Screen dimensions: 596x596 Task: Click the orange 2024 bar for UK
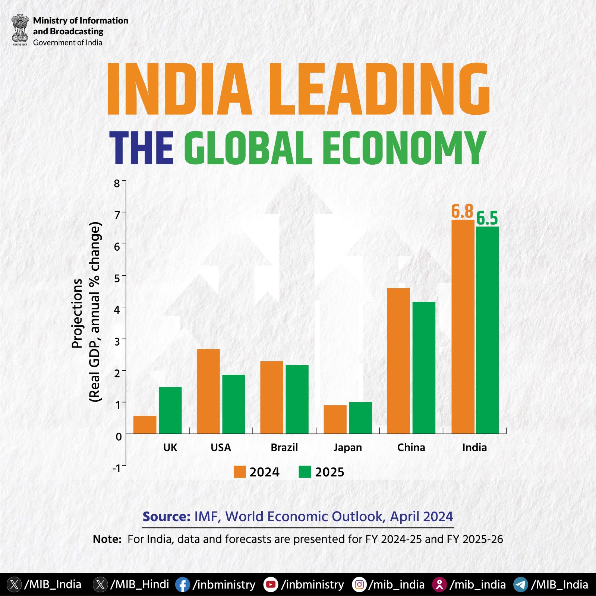[x=145, y=425]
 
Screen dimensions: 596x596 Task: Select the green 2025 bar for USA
[x=233, y=404]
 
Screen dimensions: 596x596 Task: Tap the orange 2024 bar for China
[x=398, y=361]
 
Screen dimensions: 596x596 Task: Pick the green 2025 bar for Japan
[x=360, y=418]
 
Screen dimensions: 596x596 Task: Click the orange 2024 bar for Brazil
[x=271, y=397]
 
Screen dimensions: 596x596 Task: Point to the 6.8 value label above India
[x=462, y=212]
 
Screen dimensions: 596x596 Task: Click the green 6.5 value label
[x=487, y=218]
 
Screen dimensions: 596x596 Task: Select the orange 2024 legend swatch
[x=240, y=472]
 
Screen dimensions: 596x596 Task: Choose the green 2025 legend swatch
[x=305, y=472]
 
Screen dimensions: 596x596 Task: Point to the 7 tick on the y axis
[x=118, y=215]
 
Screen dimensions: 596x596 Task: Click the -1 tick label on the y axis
[x=117, y=468]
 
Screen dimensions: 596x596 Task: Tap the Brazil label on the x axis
[x=284, y=447]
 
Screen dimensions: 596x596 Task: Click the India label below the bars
[x=474, y=447]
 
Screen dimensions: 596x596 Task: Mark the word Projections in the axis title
[x=77, y=313]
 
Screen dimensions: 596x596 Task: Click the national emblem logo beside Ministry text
[x=20, y=30]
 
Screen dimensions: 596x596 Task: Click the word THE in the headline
[x=141, y=148]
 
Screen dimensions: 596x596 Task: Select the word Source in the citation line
[x=166, y=517]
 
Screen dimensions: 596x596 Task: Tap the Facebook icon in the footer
[x=182, y=584]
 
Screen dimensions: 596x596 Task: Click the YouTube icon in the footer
[x=271, y=584]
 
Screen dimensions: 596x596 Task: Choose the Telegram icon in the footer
[x=520, y=584]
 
